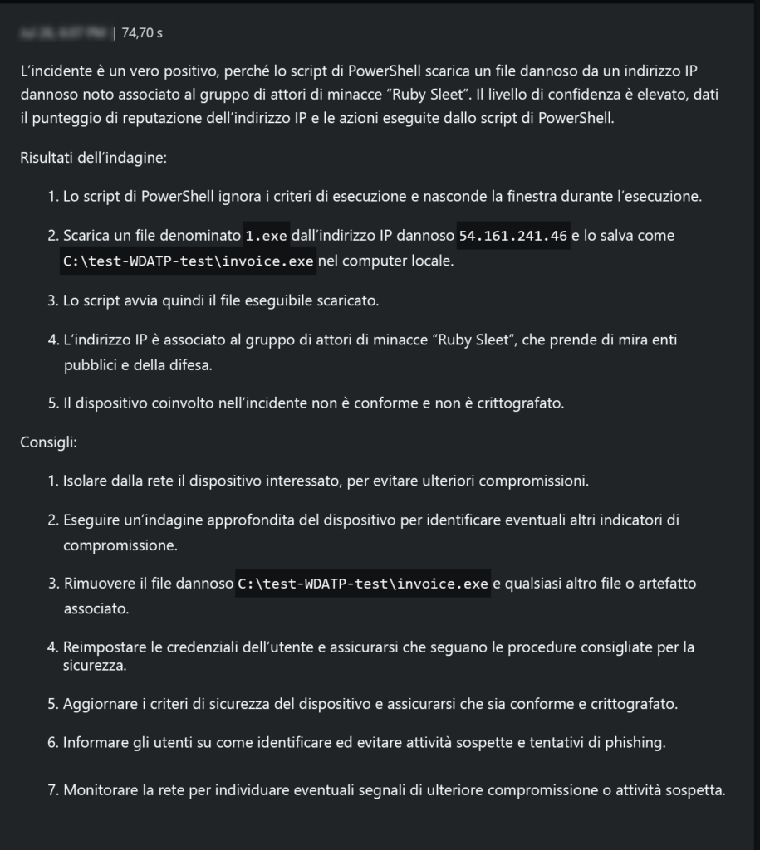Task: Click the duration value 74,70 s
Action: click(142, 33)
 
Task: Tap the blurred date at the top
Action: click(64, 33)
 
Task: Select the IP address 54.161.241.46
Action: click(513, 236)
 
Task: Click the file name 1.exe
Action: click(267, 236)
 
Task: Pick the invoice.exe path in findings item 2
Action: click(189, 261)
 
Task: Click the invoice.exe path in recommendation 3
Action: click(364, 584)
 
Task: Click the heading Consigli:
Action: click(48, 442)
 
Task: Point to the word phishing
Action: click(635, 743)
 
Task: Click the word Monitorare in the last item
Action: click(101, 789)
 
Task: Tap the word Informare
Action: click(92, 743)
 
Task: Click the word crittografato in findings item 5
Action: click(525, 403)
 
